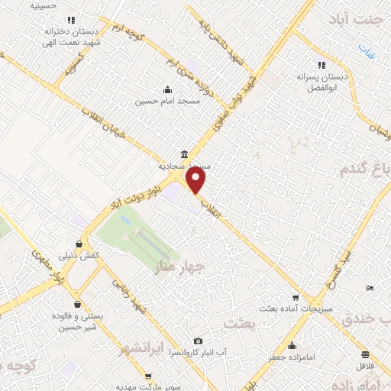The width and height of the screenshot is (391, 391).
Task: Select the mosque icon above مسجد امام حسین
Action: click(167, 89)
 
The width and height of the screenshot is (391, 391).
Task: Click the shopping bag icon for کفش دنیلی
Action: click(79, 244)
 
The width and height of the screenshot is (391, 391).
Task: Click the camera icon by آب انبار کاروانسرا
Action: click(199, 341)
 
